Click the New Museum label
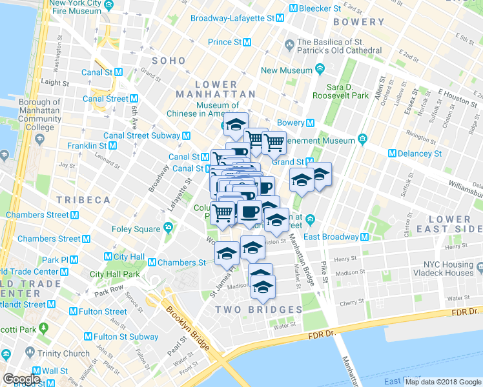tap(287, 70)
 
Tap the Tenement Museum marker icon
tap(362, 139)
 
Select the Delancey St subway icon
tap(392, 154)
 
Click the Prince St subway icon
tap(247, 42)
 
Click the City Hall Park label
tap(115, 274)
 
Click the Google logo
tap(21, 379)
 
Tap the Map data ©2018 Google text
tap(444, 382)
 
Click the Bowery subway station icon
tap(311, 123)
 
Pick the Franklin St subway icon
tap(112, 146)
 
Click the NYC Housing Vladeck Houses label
tap(448, 268)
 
